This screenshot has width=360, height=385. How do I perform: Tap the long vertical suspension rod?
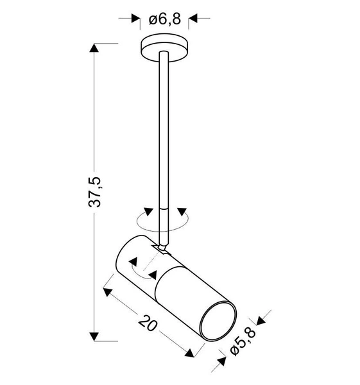pyautogui.click(x=164, y=128)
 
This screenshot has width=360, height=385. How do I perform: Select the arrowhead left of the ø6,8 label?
pyautogui.click(x=135, y=19)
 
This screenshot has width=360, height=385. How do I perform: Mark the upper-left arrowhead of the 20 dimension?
pyautogui.click(x=108, y=293)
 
